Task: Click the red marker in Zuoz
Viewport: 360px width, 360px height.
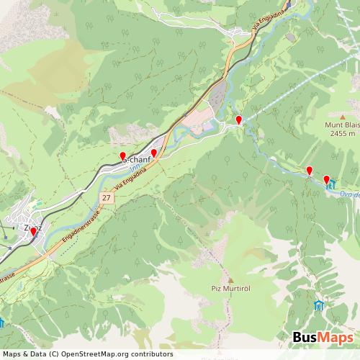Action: point(33,233)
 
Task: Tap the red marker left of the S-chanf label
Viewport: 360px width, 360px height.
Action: point(122,156)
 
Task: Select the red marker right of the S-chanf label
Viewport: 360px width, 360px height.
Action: point(153,153)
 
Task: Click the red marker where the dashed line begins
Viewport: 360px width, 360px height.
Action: point(239,120)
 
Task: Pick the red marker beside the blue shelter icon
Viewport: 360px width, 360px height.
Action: point(326,180)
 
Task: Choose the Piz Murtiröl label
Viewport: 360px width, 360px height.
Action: point(231,289)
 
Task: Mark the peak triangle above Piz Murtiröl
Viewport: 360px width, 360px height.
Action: point(231,280)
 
